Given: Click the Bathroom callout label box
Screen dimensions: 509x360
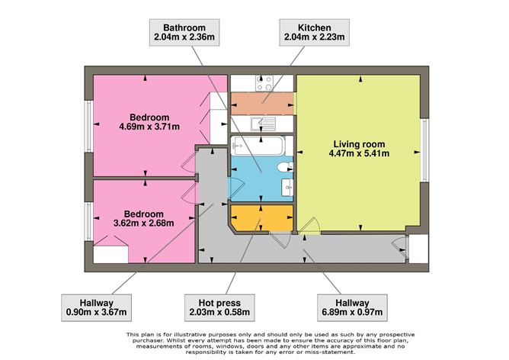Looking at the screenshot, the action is pyautogui.click(x=184, y=32).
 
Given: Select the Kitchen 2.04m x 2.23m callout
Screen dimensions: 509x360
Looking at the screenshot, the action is pyautogui.click(x=314, y=32).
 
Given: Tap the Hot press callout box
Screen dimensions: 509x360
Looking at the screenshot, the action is pyautogui.click(x=219, y=307).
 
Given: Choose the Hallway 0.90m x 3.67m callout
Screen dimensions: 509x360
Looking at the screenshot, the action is pyautogui.click(x=97, y=307).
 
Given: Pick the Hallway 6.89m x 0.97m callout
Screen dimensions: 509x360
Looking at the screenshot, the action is pyautogui.click(x=352, y=307).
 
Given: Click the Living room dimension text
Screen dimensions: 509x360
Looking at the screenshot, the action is pyautogui.click(x=359, y=153).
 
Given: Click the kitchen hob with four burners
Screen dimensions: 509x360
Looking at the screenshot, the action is pyautogui.click(x=264, y=83).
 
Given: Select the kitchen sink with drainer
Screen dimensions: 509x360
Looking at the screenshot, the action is pyautogui.click(x=263, y=124).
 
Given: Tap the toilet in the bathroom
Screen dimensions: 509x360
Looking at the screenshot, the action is pyautogui.click(x=285, y=167).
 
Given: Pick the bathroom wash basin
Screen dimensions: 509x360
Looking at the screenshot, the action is pyautogui.click(x=287, y=188).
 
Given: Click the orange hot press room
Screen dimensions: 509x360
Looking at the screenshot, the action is pyautogui.click(x=261, y=218).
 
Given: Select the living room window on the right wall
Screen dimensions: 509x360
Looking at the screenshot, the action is pyautogui.click(x=424, y=149).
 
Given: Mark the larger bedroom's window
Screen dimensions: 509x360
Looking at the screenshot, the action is pyautogui.click(x=88, y=126).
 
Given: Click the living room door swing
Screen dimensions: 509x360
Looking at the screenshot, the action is pyautogui.click(x=309, y=226).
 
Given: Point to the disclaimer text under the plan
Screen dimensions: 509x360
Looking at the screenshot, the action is pyautogui.click(x=271, y=343).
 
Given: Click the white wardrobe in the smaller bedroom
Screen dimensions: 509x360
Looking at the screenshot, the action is pyautogui.click(x=110, y=255).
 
